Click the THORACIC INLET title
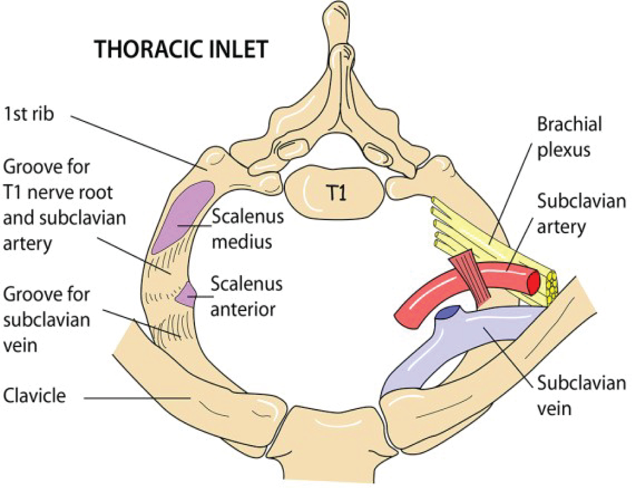pyautogui.click(x=181, y=50)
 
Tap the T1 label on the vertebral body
pyautogui.click(x=336, y=193)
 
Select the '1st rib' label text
pyautogui.click(x=29, y=114)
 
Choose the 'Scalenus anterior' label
pyautogui.click(x=246, y=296)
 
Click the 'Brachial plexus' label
pyautogui.click(x=569, y=137)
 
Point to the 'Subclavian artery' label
pyautogui.click(x=581, y=214)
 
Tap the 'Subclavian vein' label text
pyautogui.click(x=581, y=395)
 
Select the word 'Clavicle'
pyautogui.click(x=35, y=396)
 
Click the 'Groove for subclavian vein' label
pyautogui.click(x=46, y=320)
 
